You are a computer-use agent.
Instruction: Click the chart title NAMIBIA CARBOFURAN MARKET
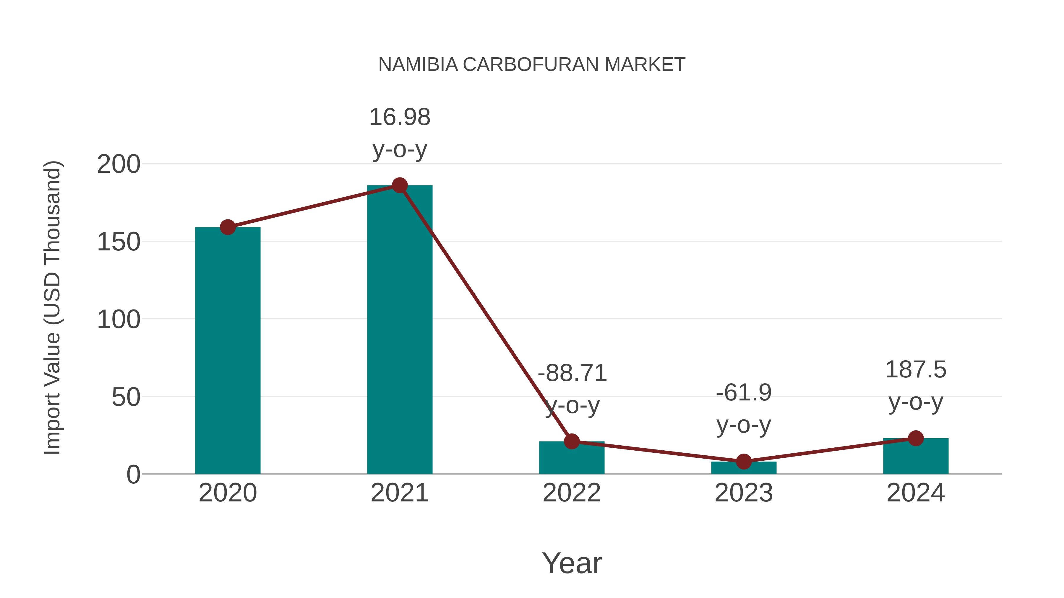pos(532,65)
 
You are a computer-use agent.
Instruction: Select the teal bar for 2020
pos(228,351)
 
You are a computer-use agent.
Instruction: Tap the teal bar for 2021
pos(399,330)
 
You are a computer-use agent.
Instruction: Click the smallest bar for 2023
pos(744,468)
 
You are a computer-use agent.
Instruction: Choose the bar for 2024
pos(916,457)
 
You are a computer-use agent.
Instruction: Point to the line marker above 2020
pos(228,227)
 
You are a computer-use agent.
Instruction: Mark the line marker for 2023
pos(744,461)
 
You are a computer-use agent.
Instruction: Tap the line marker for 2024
pos(916,438)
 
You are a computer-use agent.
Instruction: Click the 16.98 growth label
pos(399,117)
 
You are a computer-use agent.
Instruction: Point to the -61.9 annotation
pos(744,392)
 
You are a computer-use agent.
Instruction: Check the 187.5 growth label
pos(916,369)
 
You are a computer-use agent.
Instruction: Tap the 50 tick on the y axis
pos(126,397)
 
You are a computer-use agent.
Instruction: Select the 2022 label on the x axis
pos(572,493)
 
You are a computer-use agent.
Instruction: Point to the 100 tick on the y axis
pos(119,320)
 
